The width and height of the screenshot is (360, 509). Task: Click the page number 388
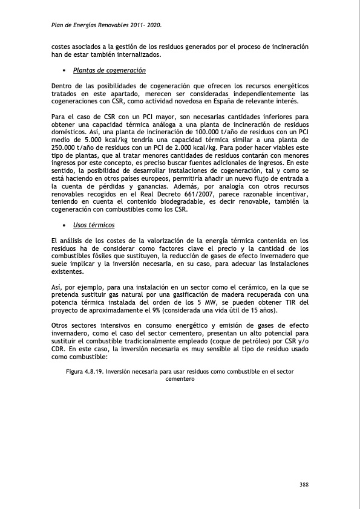(304, 484)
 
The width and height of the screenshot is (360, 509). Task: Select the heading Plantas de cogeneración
(110, 70)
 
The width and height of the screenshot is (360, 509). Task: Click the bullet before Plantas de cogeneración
(64, 71)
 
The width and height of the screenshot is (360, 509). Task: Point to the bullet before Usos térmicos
(64, 225)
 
